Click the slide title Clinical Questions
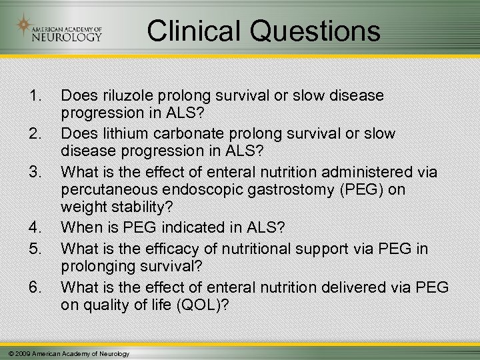(263, 31)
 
